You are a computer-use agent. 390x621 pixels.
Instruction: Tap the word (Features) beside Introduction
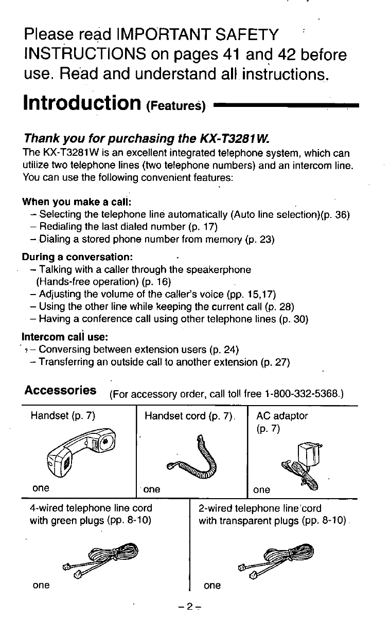tap(176, 106)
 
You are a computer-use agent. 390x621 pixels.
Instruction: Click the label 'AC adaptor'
tap(282, 416)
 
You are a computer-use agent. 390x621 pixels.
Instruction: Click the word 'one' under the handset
tap(41, 487)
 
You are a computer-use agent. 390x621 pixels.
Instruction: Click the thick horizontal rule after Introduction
tap(286, 105)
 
